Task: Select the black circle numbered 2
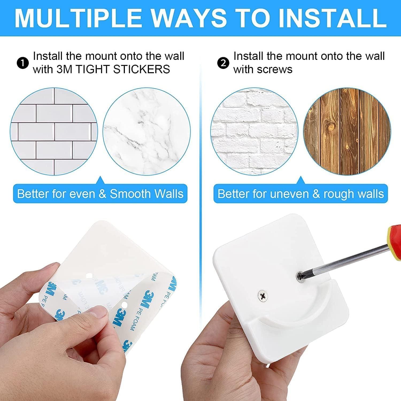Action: coord(223,63)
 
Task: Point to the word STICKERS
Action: coord(141,70)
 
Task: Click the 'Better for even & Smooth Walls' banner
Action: coord(100,194)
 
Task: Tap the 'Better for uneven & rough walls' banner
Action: coord(300,194)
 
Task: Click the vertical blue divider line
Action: coord(200,134)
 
